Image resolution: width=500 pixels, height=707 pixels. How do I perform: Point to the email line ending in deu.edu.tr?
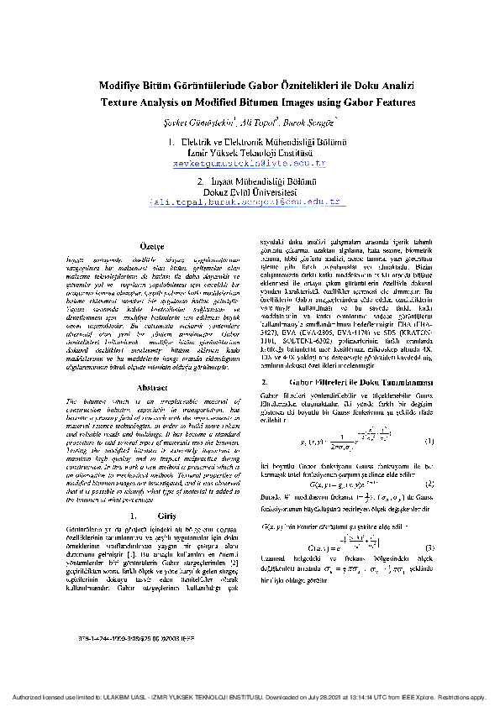pyautogui.click(x=249, y=202)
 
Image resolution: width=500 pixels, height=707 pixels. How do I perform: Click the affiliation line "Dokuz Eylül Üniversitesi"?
pyautogui.click(x=249, y=191)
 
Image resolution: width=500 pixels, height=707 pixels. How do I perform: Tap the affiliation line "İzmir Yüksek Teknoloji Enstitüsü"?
pyautogui.click(x=249, y=153)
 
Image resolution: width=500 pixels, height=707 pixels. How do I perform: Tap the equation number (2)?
pyautogui.click(x=429, y=484)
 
